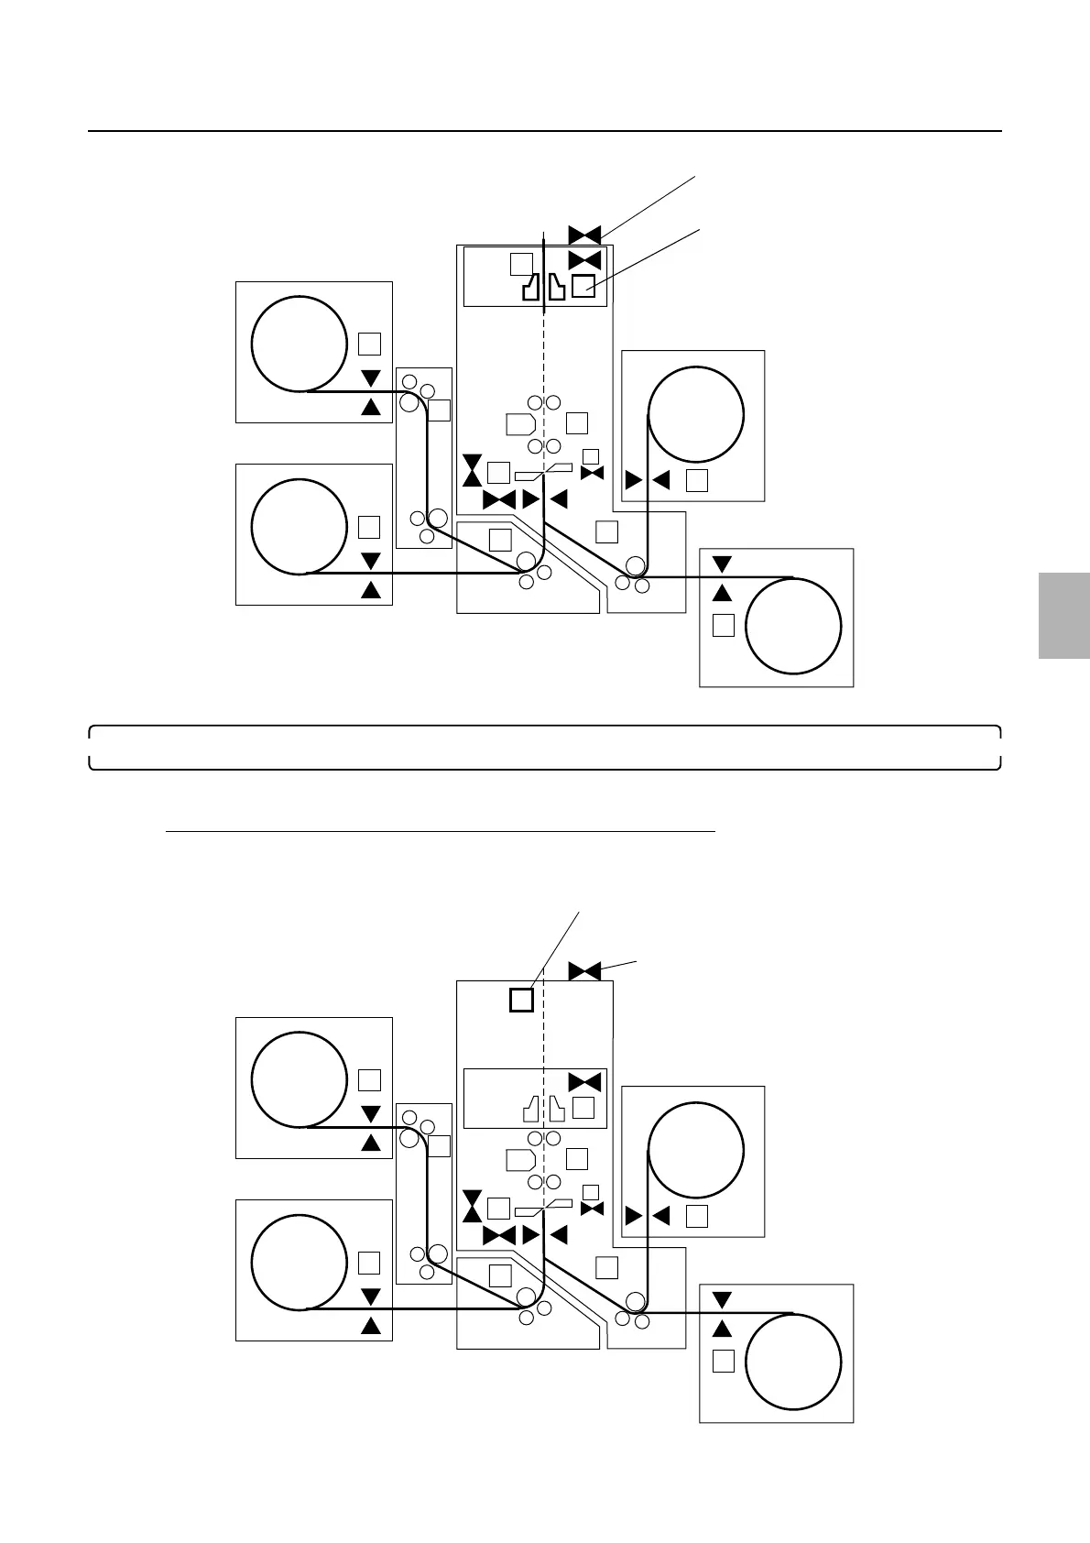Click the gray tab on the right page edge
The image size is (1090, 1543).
point(1064,615)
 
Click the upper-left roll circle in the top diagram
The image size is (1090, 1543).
point(299,343)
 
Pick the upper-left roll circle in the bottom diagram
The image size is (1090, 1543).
point(299,1078)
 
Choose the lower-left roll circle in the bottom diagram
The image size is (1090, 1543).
point(299,1262)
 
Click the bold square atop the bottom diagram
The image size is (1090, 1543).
point(521,999)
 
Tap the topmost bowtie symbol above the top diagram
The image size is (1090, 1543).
point(584,235)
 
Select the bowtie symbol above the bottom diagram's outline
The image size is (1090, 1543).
point(584,970)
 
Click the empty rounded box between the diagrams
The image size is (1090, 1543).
point(544,748)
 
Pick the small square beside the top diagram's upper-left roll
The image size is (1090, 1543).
point(369,344)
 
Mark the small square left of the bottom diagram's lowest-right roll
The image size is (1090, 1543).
point(724,1361)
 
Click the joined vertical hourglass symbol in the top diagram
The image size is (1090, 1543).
point(472,469)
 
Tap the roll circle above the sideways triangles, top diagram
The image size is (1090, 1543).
point(695,413)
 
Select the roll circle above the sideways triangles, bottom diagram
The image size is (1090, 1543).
point(695,1149)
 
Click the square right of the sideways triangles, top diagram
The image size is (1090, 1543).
point(697,479)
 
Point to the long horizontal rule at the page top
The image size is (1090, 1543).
point(544,131)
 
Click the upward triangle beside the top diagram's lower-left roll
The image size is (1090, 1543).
point(371,589)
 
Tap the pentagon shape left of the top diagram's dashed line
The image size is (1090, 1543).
point(520,423)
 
